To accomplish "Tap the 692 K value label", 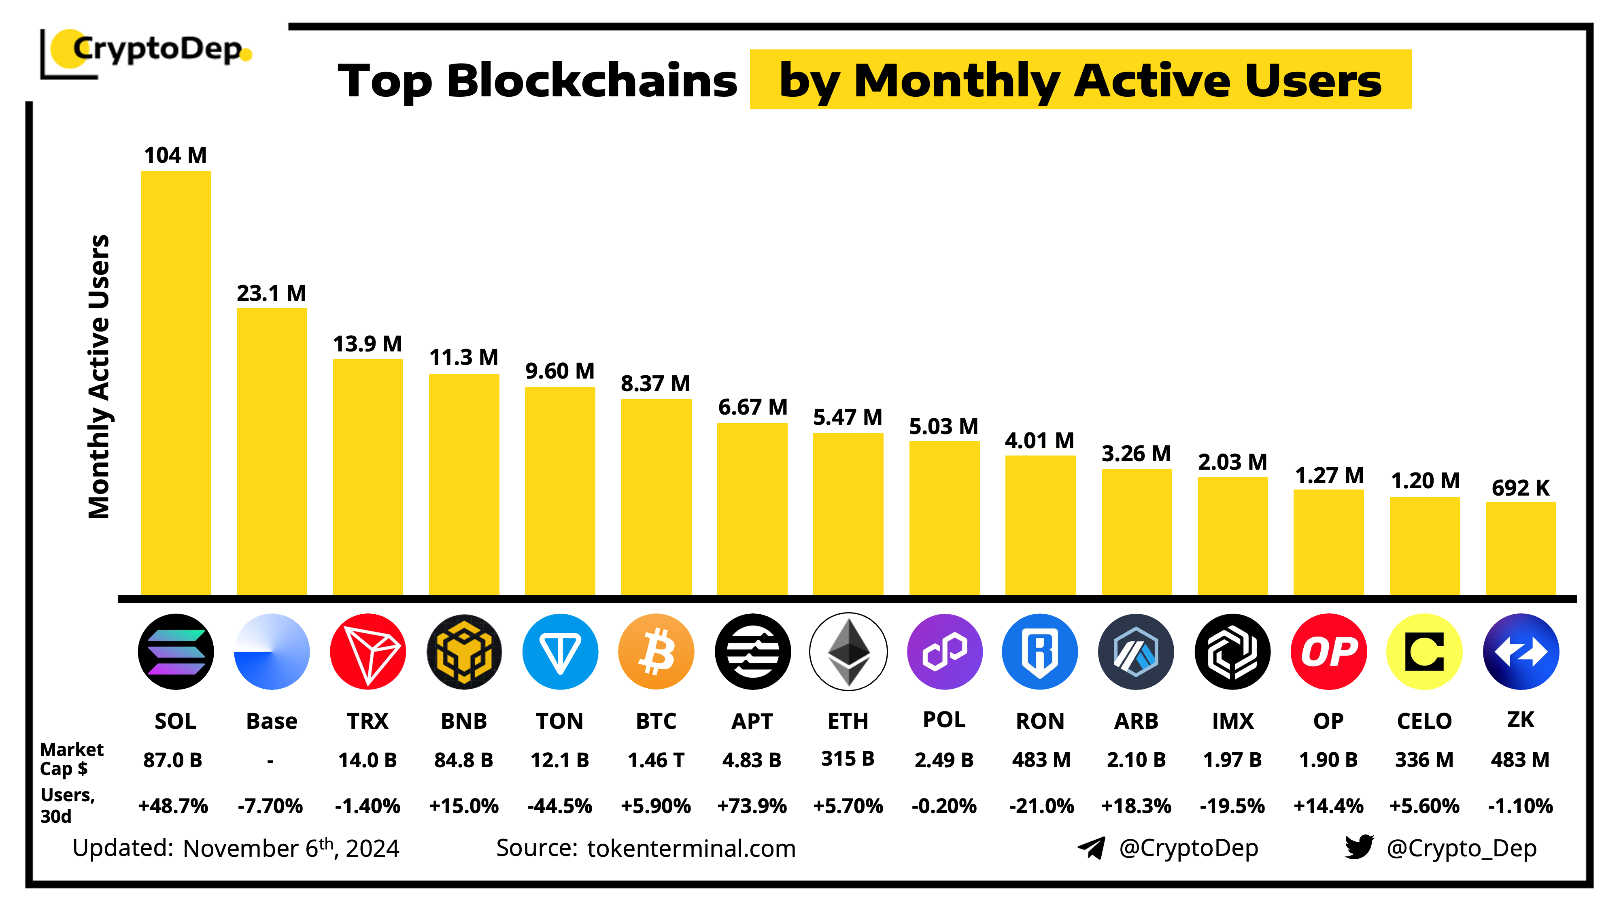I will pos(1520,488).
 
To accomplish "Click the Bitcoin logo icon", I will pos(656,652).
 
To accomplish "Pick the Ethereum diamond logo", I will pos(848,652).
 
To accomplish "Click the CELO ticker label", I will pos(1424,721).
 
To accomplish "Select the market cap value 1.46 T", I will pos(656,760).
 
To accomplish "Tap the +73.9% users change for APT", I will pos(752,806).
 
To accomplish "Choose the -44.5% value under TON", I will pos(559,806).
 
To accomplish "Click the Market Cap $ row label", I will pos(71,759).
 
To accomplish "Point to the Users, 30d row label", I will pos(67,805).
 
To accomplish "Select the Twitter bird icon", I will pos(1359,847).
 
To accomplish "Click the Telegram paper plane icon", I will pos(1092,847).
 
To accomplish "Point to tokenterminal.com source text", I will pos(691,849).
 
